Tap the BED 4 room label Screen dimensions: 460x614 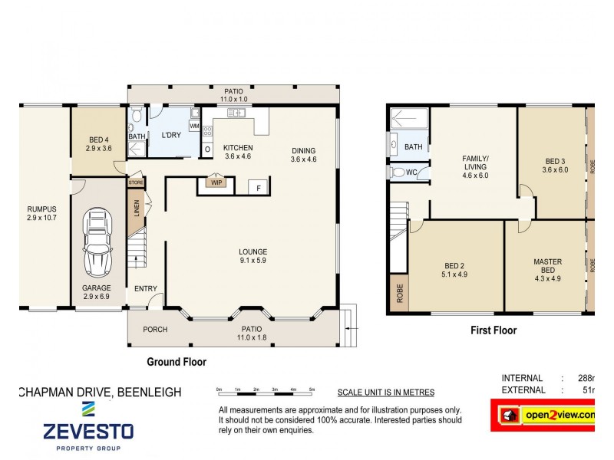[98, 144]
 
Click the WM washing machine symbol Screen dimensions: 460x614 [194, 126]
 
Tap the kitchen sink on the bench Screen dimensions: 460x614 [236, 113]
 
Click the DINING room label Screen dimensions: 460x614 [303, 155]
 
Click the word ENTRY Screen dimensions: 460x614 [146, 289]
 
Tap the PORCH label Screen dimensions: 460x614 [155, 330]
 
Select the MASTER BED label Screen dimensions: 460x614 [548, 267]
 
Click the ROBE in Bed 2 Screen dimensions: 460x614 [399, 293]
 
